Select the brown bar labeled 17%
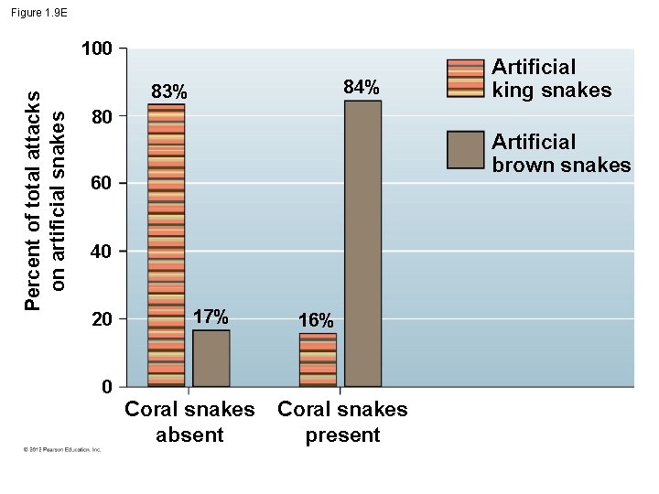coord(211,358)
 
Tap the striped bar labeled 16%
coord(318,360)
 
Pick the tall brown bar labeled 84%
coord(362,243)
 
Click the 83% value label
coord(169,92)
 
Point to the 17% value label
coord(211,317)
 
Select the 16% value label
coord(316,321)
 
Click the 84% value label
coord(362,88)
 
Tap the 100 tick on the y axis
coord(96,48)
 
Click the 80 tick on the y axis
coord(102,118)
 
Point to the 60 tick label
coord(102,185)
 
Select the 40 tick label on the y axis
coord(102,252)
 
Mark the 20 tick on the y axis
coord(102,319)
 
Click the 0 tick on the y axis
coord(107,387)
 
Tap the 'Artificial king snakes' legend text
coord(551,78)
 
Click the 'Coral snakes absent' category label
coord(189,422)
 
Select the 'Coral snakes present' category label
coord(342,422)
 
